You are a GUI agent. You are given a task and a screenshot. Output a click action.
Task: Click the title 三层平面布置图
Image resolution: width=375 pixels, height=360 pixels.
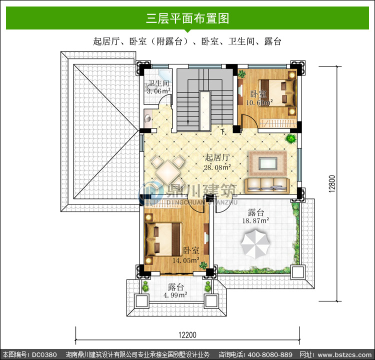tap(187, 18)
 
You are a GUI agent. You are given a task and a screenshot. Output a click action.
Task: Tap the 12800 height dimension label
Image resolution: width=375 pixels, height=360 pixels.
tap(332, 183)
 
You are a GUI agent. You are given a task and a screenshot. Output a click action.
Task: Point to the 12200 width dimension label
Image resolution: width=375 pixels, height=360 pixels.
tap(187, 335)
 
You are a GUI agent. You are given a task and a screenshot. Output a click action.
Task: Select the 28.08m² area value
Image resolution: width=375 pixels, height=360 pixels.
tap(217, 167)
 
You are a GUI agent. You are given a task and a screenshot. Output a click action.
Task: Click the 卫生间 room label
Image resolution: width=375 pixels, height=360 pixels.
tap(158, 83)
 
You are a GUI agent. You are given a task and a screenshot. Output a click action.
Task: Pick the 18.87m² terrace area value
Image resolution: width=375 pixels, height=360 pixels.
tap(255, 220)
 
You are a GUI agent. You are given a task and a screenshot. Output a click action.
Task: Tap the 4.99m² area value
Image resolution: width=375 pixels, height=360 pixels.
tap(175, 295)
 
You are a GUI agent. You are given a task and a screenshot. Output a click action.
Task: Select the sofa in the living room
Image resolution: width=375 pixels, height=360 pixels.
tap(267, 185)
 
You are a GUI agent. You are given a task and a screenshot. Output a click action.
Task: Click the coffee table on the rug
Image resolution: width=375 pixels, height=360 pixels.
tap(268, 163)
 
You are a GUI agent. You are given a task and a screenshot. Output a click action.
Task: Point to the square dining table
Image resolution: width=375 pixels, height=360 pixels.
tap(168, 171)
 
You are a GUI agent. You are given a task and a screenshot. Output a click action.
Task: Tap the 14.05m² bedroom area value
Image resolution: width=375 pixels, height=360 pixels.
tap(186, 260)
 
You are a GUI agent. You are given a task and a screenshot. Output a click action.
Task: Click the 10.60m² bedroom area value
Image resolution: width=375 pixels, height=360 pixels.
tap(259, 102)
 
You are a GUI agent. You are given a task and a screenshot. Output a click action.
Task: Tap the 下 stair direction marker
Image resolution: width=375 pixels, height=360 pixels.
tap(223, 131)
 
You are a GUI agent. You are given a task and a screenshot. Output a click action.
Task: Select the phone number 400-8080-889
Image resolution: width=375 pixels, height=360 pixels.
tap(270, 354)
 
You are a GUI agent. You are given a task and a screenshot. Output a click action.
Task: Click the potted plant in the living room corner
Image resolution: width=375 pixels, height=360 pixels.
tap(291, 138)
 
